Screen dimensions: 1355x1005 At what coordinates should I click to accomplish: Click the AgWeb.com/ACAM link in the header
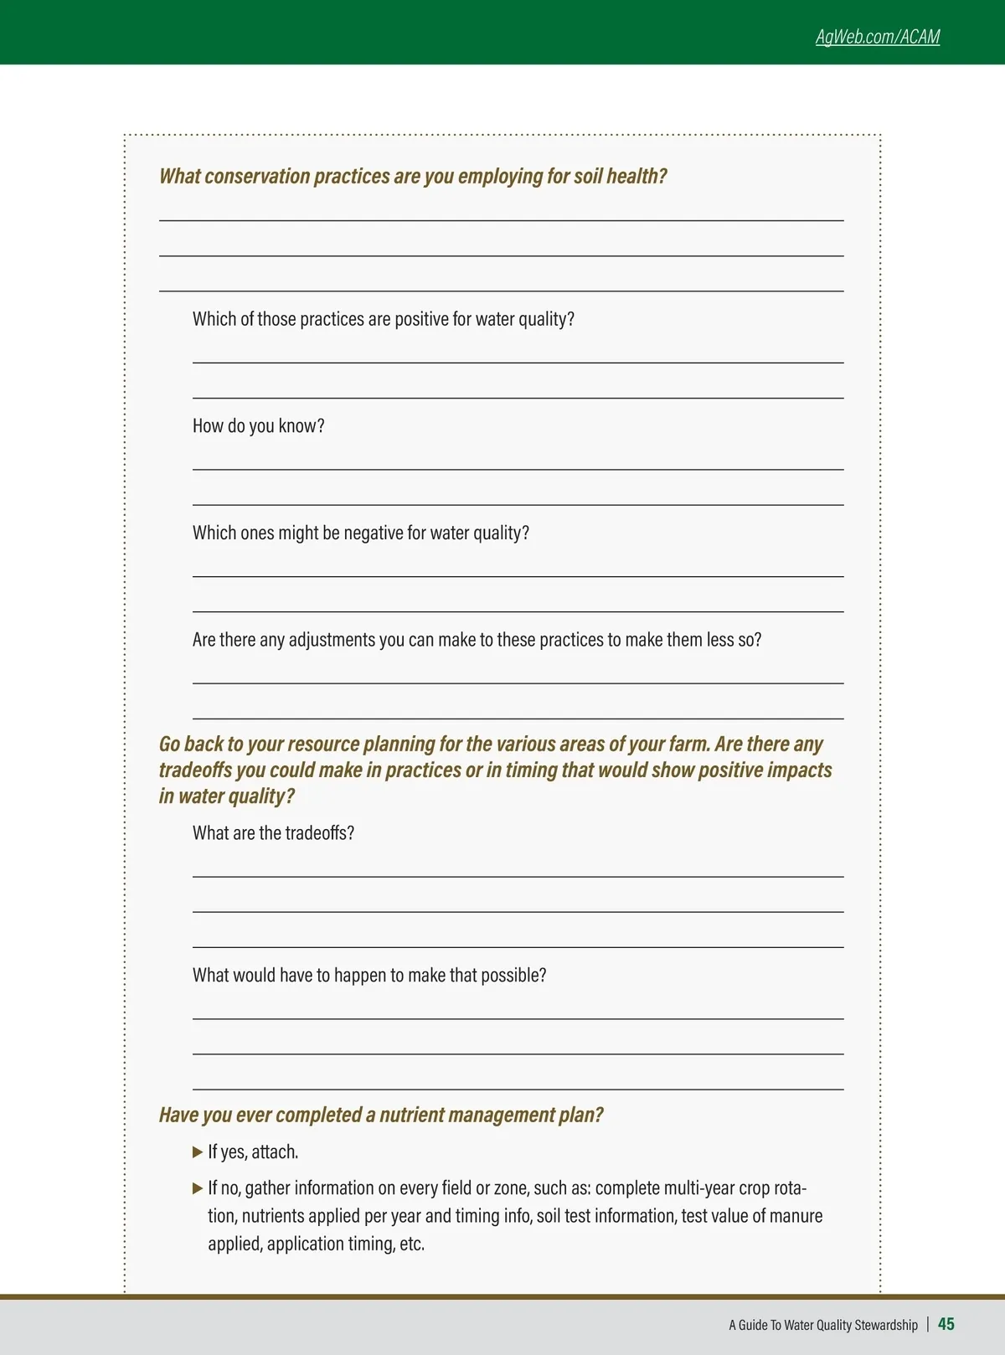(877, 37)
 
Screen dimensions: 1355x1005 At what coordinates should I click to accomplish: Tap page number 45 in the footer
(946, 1324)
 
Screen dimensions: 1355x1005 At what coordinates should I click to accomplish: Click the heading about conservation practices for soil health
(413, 177)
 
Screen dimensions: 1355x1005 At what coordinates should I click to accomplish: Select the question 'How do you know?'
(258, 426)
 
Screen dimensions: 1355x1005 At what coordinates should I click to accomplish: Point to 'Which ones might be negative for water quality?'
(361, 533)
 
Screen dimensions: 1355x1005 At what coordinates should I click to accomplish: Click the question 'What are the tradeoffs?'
(273, 833)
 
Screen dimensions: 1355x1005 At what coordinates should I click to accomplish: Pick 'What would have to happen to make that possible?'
(369, 976)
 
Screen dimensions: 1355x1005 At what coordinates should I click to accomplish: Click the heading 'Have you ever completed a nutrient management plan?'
(381, 1115)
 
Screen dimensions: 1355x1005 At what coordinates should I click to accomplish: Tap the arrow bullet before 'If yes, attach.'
(198, 1152)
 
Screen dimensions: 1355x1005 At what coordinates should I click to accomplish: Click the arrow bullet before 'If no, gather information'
(198, 1188)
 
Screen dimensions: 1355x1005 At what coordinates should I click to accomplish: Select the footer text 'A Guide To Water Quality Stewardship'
(822, 1325)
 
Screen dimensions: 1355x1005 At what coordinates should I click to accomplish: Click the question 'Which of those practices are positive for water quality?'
(384, 320)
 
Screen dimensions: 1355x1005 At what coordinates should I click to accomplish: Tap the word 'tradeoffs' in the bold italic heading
(195, 770)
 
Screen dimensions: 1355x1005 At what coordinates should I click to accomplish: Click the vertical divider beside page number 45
(928, 1325)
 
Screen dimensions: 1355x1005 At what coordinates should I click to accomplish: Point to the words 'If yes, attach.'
(253, 1152)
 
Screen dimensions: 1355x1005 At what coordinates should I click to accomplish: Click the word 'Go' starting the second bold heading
(169, 744)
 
